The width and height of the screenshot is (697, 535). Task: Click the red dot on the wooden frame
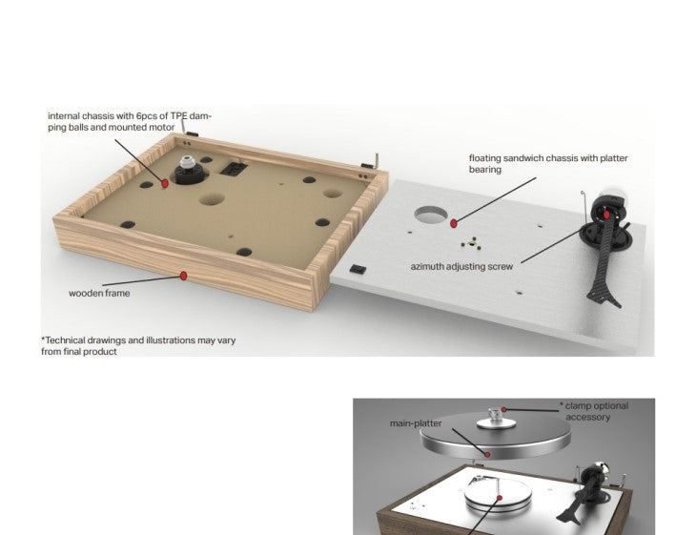pyautogui.click(x=184, y=277)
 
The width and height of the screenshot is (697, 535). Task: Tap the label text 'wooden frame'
pyautogui.click(x=99, y=293)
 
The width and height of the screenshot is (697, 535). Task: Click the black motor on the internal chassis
pyautogui.click(x=191, y=171)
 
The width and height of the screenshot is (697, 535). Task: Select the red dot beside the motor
pyautogui.click(x=165, y=183)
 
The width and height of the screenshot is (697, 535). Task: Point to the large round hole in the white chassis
pyautogui.click(x=431, y=215)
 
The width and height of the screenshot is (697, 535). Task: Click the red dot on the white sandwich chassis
pyautogui.click(x=454, y=224)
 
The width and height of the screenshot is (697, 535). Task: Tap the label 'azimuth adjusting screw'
pyautogui.click(x=461, y=266)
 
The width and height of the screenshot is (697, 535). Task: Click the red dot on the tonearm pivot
pyautogui.click(x=606, y=216)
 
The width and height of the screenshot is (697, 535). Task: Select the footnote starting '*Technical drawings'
pyautogui.click(x=138, y=345)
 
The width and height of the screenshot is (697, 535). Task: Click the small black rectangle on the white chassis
pyautogui.click(x=358, y=269)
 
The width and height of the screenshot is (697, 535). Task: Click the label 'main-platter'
pyautogui.click(x=416, y=423)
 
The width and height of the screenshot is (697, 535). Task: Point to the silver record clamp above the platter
pyautogui.click(x=493, y=418)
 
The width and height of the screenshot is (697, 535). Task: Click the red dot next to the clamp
pyautogui.click(x=503, y=409)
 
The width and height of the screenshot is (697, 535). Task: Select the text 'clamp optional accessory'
pyautogui.click(x=596, y=411)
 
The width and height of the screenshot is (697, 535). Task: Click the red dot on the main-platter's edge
pyautogui.click(x=487, y=455)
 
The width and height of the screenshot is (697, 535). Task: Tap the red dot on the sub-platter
pyautogui.click(x=500, y=498)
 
